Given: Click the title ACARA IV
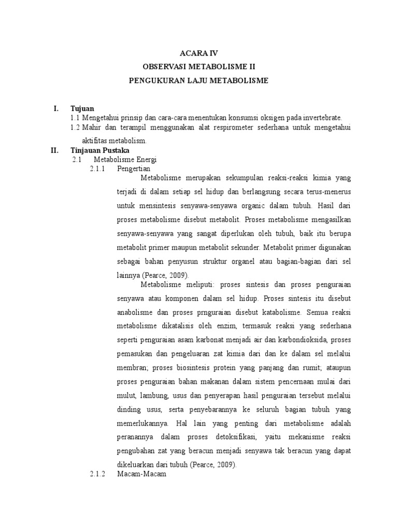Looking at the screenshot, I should pyautogui.click(x=199, y=53).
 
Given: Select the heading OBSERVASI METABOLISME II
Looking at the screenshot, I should pyautogui.click(x=199, y=67).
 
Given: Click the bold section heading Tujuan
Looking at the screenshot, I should pyautogui.click(x=83, y=109).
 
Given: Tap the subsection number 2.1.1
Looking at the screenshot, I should pyautogui.click(x=97, y=169).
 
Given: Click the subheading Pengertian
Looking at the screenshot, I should pyautogui.click(x=134, y=169).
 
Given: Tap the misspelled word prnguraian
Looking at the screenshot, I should pyautogui.click(x=210, y=313).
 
